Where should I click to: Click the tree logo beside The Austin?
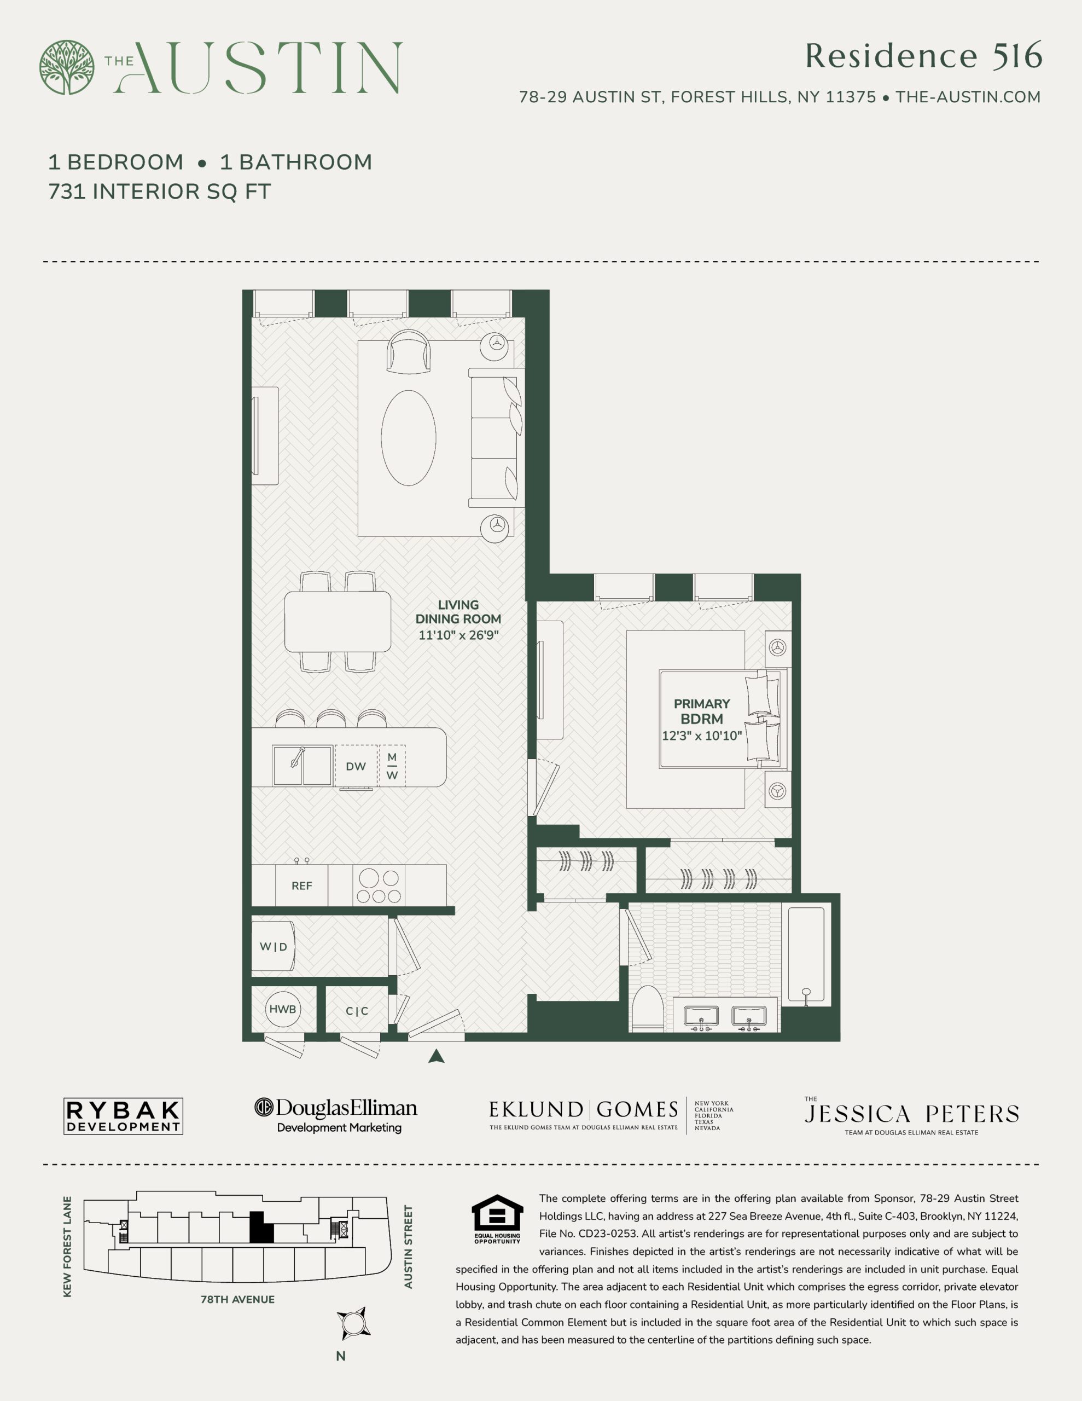point(67,67)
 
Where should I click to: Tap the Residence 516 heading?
point(923,56)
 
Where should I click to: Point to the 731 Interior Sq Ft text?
point(160,191)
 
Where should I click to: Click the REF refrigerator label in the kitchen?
point(301,886)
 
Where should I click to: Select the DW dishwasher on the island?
point(356,766)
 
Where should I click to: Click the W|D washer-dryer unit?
point(273,946)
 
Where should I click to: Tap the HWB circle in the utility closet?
point(283,1009)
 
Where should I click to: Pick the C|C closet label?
point(357,1011)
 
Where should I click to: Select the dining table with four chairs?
point(338,622)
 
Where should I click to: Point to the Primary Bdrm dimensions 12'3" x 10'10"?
point(702,736)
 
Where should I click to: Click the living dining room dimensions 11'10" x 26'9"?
point(458,635)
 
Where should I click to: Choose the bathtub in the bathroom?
point(806,954)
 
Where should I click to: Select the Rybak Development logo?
point(123,1117)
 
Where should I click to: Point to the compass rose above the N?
point(353,1323)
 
